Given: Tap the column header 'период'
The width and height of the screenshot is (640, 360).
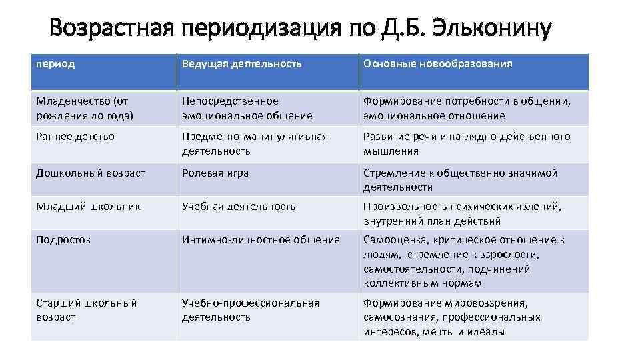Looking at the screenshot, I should pos(55,64).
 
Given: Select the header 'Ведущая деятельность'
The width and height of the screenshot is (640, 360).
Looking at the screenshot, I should pos(242,64).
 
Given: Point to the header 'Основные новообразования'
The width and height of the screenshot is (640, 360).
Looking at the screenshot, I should pos(438,64).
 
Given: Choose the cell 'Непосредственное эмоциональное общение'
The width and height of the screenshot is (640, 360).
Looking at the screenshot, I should pos(247,108).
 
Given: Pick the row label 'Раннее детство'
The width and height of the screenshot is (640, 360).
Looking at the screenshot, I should pos(75,137).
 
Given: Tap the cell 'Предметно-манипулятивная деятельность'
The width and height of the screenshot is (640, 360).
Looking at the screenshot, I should pos(255,143).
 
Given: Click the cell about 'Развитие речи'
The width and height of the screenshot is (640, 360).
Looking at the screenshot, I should pos(467,143).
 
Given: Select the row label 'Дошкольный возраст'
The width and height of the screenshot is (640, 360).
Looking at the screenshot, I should pos(90,173).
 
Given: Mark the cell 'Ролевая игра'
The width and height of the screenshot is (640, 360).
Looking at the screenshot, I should pos(215,173).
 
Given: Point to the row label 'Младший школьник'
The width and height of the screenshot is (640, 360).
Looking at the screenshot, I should pos(88,207).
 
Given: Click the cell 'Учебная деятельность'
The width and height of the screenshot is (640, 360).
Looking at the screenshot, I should pos(239,207).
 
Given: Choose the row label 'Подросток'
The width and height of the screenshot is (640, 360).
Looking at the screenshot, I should pos(63,240).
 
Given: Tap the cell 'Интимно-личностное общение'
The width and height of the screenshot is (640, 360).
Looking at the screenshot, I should pos(261,240).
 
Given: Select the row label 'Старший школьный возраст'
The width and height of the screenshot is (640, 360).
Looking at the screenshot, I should pos(86,310).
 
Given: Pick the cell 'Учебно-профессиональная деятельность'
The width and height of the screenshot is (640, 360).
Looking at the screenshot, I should pos(251,310).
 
